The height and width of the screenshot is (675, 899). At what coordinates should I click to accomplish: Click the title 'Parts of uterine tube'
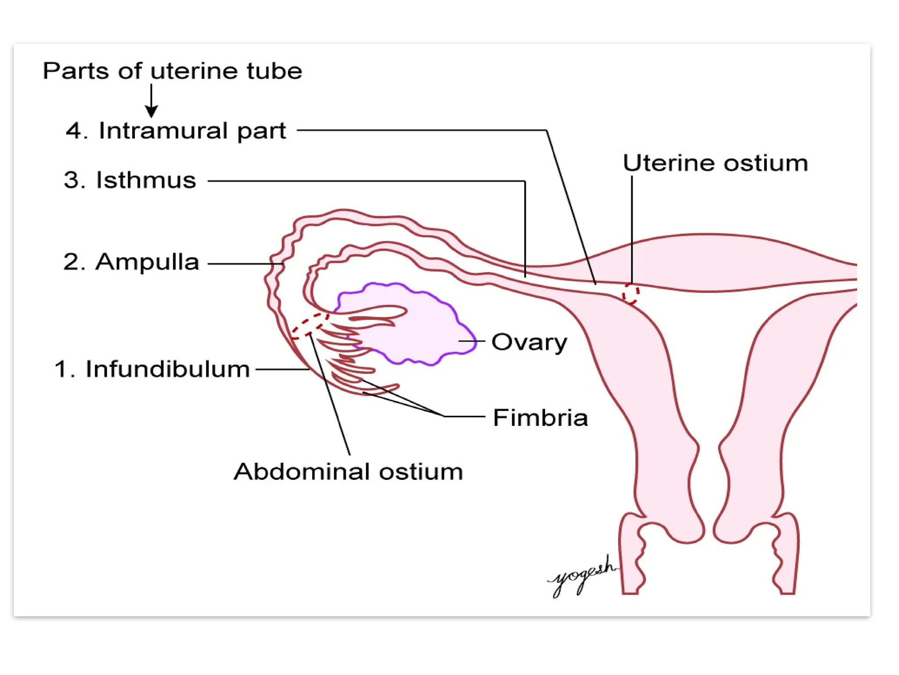(172, 71)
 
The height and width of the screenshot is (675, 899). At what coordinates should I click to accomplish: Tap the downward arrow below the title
(151, 101)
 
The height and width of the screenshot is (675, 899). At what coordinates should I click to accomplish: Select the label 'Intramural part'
(192, 131)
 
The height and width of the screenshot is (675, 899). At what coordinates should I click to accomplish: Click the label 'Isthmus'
(146, 180)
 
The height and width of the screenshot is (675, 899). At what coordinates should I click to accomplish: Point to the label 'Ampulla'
(147, 262)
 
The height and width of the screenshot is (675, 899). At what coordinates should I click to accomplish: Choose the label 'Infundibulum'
(167, 369)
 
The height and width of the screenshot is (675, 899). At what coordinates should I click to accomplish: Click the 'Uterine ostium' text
(715, 163)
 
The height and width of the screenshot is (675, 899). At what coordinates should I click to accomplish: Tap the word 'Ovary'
(529, 342)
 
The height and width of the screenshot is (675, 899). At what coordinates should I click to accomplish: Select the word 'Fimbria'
(540, 417)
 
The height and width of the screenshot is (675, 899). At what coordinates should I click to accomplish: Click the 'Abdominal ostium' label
(348, 472)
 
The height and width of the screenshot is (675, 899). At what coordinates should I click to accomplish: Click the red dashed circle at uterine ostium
(631, 294)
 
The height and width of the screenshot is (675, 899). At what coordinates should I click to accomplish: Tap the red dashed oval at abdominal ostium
(310, 326)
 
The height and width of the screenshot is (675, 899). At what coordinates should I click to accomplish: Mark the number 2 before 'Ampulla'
(73, 262)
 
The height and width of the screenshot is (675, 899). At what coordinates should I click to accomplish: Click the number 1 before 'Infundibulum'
(63, 369)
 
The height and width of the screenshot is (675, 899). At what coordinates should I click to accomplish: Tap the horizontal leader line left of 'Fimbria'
(464, 416)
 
